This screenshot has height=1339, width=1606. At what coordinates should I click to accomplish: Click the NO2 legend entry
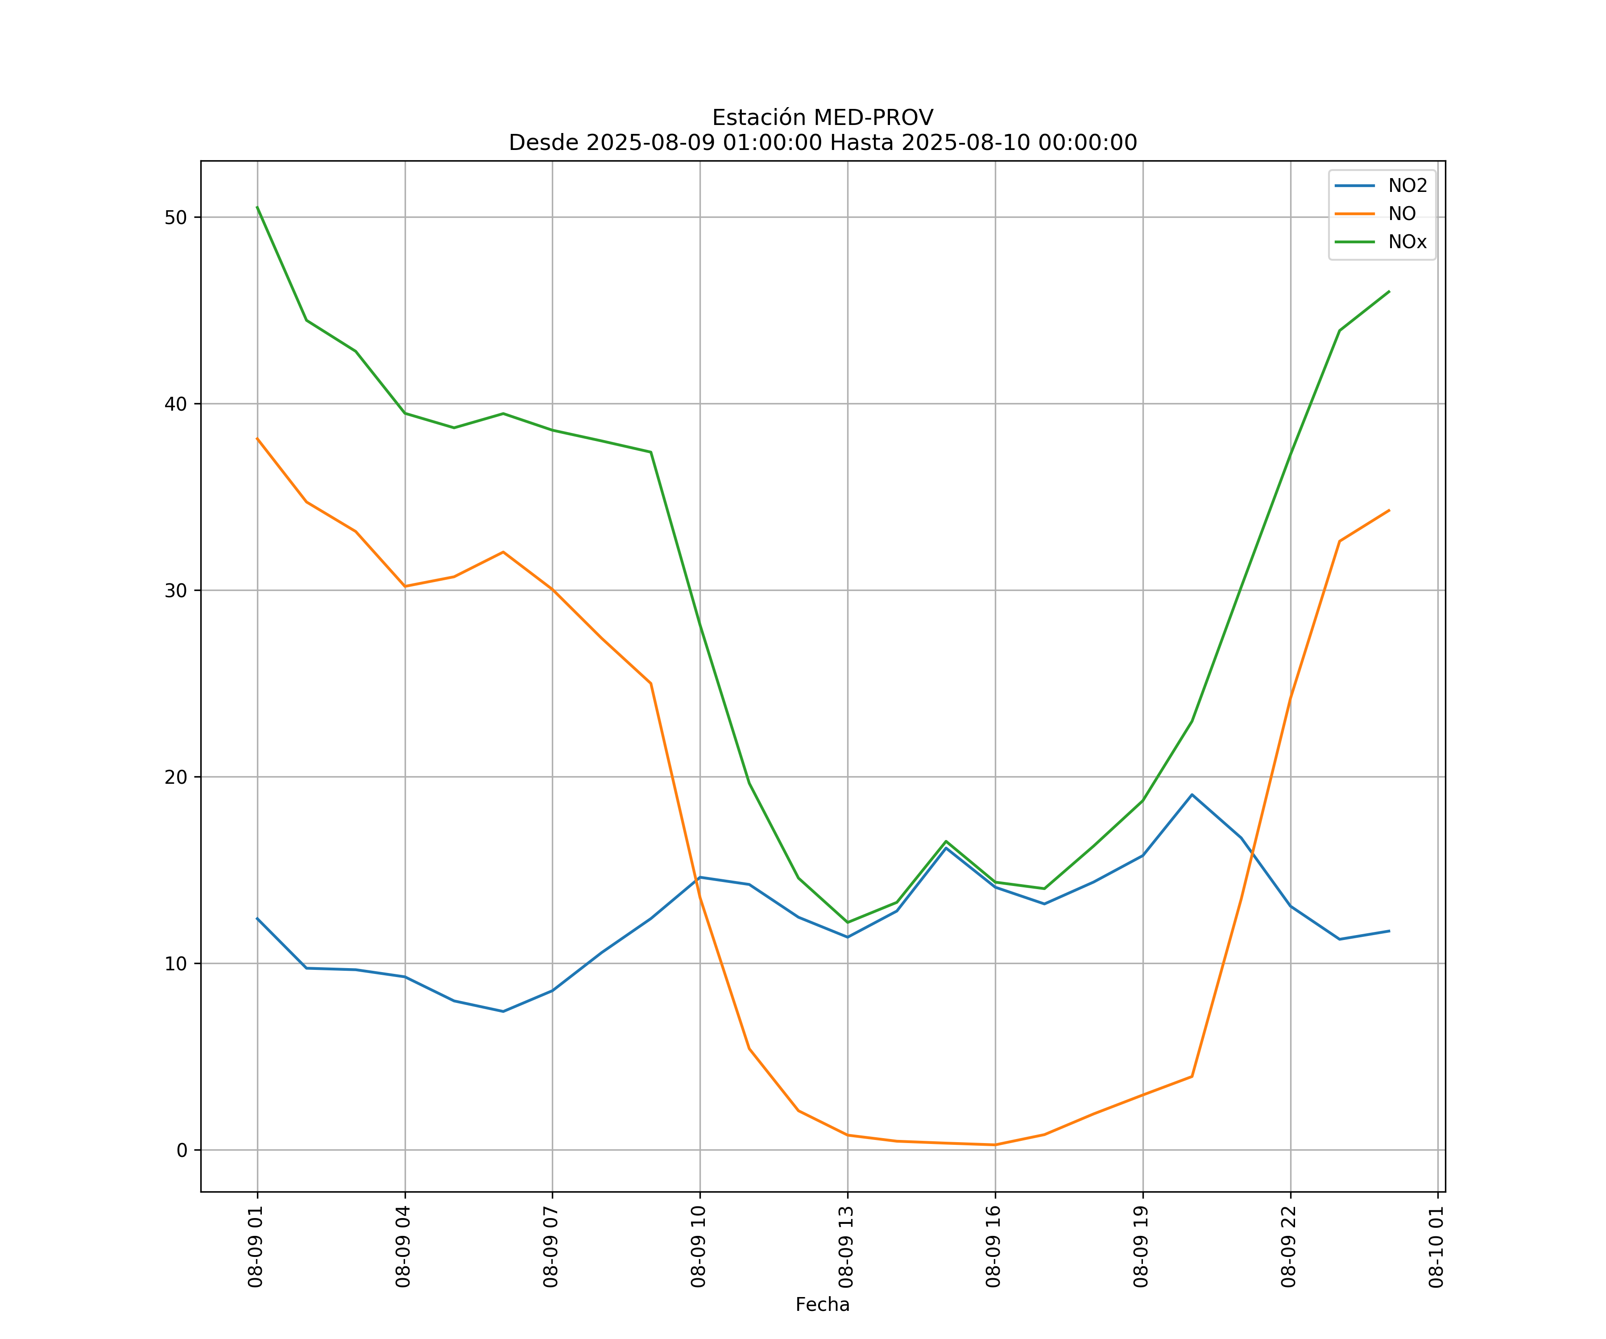pos(1407,186)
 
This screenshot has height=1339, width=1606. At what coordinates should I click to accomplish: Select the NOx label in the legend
pos(1407,242)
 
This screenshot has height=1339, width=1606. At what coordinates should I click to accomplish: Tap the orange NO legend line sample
pos(1354,214)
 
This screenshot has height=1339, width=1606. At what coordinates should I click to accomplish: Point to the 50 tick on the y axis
pos(176,217)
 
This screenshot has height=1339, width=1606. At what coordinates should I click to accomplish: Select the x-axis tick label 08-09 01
pos(256,1247)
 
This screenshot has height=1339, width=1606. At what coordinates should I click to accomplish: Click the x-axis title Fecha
pos(822,1305)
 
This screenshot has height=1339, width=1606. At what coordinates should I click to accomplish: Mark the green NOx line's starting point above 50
pos(258,208)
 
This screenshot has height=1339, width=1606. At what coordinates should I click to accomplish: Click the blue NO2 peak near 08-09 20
pos(1192,795)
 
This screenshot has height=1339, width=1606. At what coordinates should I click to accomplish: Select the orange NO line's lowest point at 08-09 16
pos(995,1145)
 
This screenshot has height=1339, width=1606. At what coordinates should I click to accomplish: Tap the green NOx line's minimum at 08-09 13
pos(847,922)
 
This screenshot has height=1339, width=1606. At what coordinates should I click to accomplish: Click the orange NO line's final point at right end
pos(1389,510)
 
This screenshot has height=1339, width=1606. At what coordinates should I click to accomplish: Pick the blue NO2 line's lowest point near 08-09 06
pos(503,1011)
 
